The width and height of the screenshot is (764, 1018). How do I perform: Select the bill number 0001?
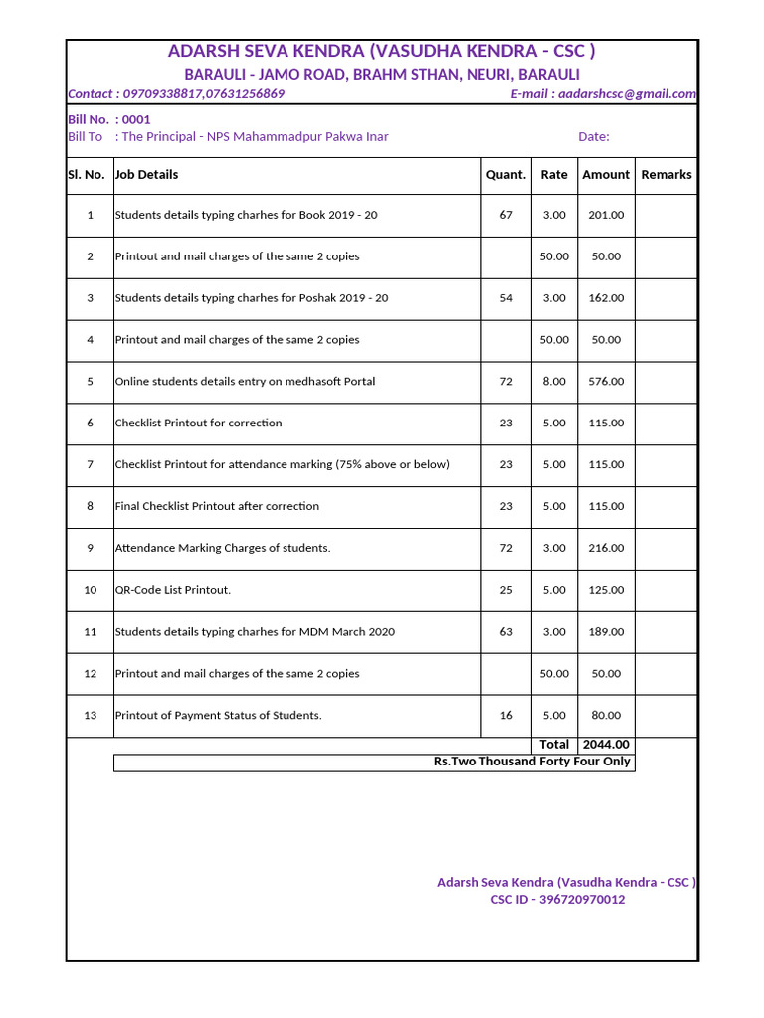136,119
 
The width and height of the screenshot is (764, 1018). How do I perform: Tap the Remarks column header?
666,174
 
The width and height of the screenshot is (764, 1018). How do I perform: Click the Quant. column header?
506,174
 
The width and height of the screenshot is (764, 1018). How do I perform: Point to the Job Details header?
147,174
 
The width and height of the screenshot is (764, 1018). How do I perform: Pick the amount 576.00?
606,381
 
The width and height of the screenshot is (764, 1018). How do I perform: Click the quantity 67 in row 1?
506,215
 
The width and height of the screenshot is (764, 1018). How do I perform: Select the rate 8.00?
554,381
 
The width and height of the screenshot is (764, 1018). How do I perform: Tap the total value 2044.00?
606,744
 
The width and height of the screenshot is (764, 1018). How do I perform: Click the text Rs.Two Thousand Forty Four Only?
531,762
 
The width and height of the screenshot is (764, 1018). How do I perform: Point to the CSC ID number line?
558,900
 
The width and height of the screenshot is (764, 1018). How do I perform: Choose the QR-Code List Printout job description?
173,590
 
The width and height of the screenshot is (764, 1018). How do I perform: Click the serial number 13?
90,715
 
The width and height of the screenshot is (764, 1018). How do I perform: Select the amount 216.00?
606,548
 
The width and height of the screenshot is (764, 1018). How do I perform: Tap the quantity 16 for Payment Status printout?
506,715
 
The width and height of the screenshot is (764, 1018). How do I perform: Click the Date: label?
594,137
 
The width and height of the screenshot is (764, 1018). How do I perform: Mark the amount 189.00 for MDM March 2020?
606,631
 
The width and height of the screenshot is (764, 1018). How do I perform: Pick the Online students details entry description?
245,381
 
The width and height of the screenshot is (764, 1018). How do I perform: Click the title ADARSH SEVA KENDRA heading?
382,52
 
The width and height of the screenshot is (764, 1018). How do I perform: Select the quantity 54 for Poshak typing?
506,298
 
